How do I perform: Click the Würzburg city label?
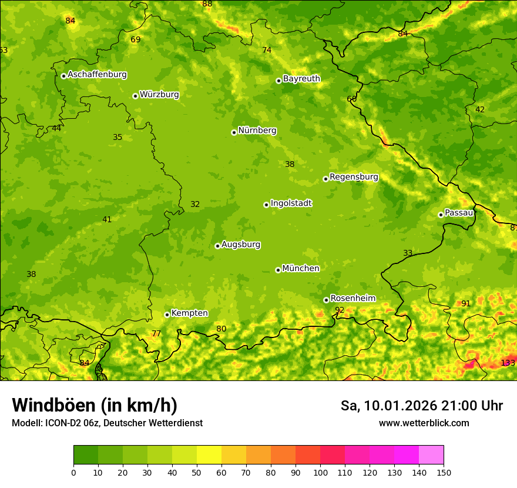point(159,95)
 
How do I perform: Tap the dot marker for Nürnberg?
point(234,132)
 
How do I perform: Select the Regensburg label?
point(354,177)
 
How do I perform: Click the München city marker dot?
point(278,270)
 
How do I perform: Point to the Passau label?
point(459,213)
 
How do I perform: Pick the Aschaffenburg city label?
point(97,75)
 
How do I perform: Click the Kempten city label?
point(189,313)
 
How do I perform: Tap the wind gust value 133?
point(508,363)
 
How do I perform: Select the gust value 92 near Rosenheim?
point(340,310)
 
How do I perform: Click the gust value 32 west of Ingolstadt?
point(195,205)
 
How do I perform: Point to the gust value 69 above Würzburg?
point(136,40)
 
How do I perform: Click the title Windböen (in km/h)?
point(95,405)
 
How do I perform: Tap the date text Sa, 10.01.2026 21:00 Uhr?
point(421,406)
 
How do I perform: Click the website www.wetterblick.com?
point(424,423)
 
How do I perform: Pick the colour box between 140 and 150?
point(431,455)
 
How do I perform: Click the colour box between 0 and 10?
point(86,455)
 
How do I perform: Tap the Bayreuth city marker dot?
point(278,81)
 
